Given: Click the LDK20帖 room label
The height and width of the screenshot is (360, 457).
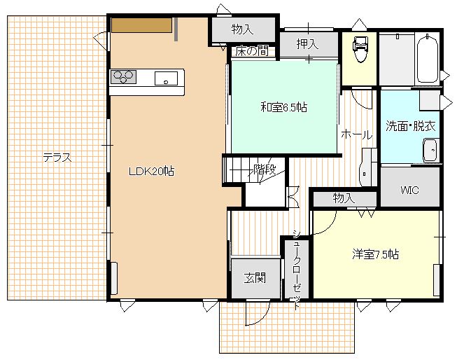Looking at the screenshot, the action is (x=152, y=172).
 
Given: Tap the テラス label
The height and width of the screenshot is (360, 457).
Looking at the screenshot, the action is (x=57, y=158).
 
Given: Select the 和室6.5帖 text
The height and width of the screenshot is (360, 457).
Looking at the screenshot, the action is (x=283, y=108).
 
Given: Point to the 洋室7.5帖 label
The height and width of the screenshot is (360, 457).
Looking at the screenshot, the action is (x=375, y=254).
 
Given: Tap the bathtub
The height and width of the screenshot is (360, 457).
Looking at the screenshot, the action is (x=428, y=60).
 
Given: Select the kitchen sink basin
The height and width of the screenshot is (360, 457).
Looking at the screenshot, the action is (x=166, y=78).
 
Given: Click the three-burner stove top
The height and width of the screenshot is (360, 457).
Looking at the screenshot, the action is (x=123, y=77).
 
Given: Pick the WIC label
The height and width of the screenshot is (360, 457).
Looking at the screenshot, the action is (x=410, y=191).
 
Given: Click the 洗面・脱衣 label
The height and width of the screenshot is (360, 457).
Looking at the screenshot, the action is (x=411, y=126).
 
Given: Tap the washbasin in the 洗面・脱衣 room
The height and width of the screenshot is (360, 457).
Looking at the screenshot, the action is (x=431, y=151).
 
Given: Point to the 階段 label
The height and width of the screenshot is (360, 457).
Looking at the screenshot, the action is (x=265, y=169).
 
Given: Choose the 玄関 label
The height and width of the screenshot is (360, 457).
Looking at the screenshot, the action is (x=255, y=278).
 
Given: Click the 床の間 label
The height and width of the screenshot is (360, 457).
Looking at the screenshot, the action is (x=252, y=51).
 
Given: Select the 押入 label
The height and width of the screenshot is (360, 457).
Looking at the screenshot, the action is (x=307, y=43).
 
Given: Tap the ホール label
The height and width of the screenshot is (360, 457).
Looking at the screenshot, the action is (x=357, y=134).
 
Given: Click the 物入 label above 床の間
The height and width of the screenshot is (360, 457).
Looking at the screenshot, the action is (x=242, y=29).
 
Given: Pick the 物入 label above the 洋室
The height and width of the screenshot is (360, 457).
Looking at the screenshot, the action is (x=344, y=198).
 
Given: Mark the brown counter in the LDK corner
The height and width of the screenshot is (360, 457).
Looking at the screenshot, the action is (x=141, y=25).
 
